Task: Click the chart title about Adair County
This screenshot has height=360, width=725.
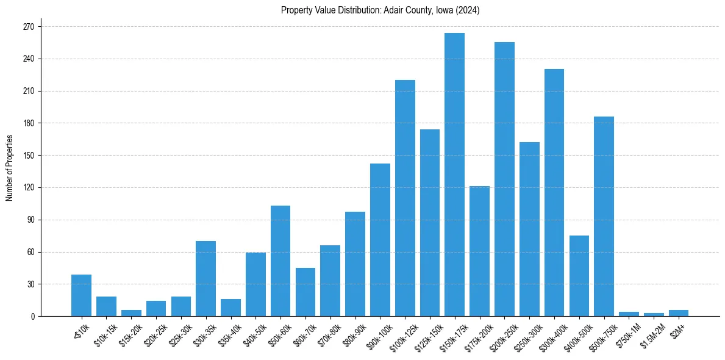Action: (380, 10)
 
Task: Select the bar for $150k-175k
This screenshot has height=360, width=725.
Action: (455, 175)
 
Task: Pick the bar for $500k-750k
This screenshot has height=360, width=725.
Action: (604, 216)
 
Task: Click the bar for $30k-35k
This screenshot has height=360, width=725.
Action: (205, 278)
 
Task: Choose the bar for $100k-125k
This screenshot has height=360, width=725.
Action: (405, 198)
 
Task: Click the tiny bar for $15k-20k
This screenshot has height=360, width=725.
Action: (131, 313)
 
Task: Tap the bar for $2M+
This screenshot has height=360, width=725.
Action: (679, 313)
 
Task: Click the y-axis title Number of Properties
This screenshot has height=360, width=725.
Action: (10, 168)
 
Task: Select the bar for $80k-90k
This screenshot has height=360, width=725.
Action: (355, 264)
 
